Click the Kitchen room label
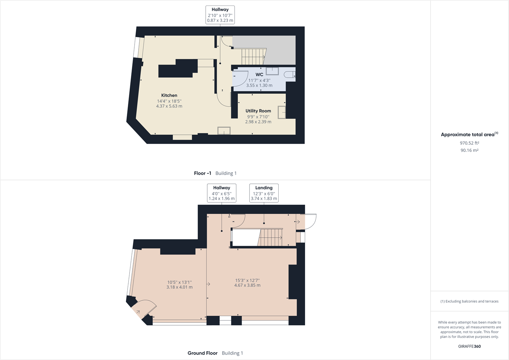pos(169,96)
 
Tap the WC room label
pos(259,75)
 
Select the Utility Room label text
pos(258,111)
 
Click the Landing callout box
pos(264,193)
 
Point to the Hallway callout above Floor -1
pos(220,15)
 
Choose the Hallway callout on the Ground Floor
pos(222,193)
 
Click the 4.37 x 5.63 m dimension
pos(169,106)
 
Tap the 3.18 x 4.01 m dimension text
pos(179,287)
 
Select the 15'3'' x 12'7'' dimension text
pos(247,281)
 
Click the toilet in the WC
pos(289,75)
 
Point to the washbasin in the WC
pos(272,71)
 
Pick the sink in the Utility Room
pos(282,112)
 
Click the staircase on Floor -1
pos(253,57)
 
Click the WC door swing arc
pos(240,79)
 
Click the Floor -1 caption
pos(203,173)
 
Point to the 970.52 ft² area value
pos(469,143)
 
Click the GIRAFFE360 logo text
pos(469,347)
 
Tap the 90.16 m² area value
pos(469,151)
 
